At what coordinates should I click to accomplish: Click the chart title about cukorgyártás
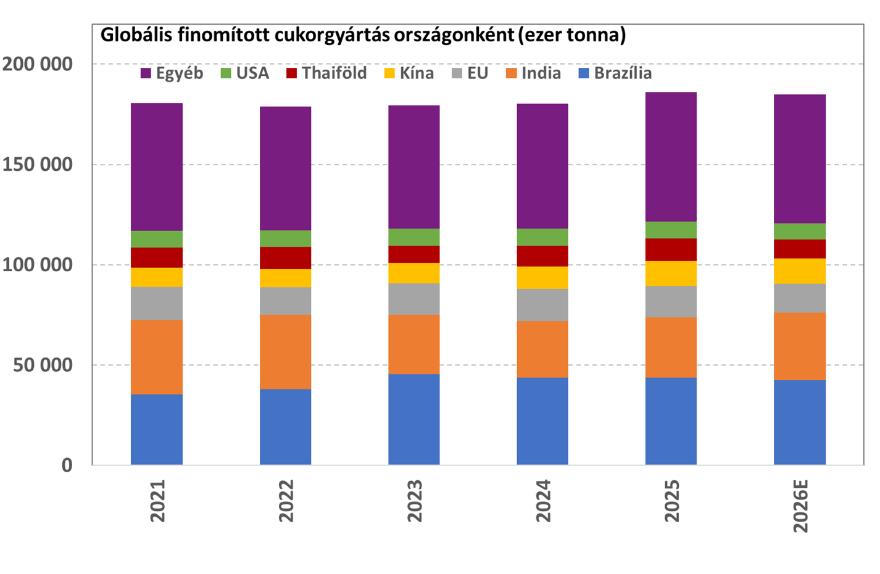pyautogui.click(x=363, y=35)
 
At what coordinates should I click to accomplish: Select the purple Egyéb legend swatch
pyautogui.click(x=146, y=73)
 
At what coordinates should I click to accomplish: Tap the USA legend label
pyautogui.click(x=252, y=73)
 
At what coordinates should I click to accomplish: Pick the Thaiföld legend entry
pyautogui.click(x=326, y=73)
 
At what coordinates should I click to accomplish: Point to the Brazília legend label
pyautogui.click(x=623, y=73)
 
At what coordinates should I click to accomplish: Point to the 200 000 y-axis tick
pyautogui.click(x=37, y=64)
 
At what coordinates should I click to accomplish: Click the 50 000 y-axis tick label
pyautogui.click(x=43, y=365)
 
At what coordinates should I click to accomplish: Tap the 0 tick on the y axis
pyautogui.click(x=67, y=465)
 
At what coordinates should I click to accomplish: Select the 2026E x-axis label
pyautogui.click(x=800, y=506)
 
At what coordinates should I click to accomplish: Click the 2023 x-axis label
pyautogui.click(x=415, y=501)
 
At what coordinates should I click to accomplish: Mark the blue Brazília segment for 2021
pyautogui.click(x=157, y=430)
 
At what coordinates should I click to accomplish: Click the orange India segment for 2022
pyautogui.click(x=286, y=352)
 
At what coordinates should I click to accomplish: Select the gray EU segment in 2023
pyautogui.click(x=414, y=299)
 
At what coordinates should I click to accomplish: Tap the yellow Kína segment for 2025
pyautogui.click(x=671, y=273)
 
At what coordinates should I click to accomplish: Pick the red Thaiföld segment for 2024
pyautogui.click(x=542, y=256)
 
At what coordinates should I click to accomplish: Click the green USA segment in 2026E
pyautogui.click(x=800, y=231)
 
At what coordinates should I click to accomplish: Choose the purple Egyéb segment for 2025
pyautogui.click(x=671, y=157)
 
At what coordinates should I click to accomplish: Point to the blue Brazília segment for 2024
pyautogui.click(x=542, y=421)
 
